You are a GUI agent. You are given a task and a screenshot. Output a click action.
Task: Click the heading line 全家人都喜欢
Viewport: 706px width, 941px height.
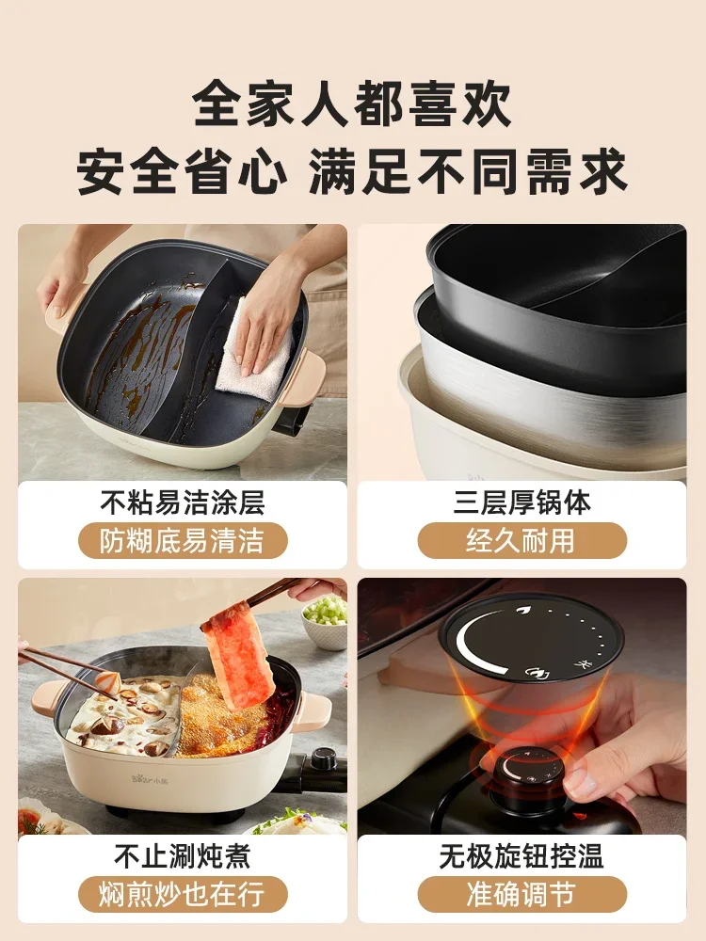coord(353,105)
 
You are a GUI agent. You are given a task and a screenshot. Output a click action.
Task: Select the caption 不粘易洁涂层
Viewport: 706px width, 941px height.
coord(182,502)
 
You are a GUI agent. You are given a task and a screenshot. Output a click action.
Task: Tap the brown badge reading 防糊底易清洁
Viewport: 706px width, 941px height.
coord(182,541)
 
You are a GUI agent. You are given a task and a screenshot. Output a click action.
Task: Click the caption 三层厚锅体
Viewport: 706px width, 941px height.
coord(522,502)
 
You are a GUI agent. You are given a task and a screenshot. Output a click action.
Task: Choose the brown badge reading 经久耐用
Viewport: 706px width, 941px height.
coord(522,541)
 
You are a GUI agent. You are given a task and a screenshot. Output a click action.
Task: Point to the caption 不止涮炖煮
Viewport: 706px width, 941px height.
coord(182,856)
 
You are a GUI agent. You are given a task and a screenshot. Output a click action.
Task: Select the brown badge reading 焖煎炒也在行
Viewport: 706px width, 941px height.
coord(182,895)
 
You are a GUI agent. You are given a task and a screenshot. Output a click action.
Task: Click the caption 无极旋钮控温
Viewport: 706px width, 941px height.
coord(522,856)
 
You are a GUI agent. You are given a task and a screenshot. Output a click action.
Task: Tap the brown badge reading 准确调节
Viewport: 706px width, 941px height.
coord(522,895)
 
